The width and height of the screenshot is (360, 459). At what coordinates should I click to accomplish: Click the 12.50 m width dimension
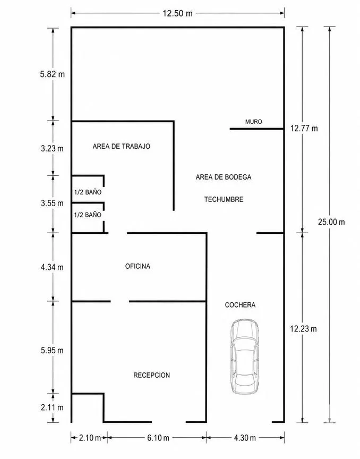(178, 13)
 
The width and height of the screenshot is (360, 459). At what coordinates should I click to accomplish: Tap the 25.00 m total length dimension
(331, 222)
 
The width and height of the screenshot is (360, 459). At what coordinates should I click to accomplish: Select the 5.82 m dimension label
(53, 74)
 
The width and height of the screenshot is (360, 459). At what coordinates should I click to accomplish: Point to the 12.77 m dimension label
(304, 128)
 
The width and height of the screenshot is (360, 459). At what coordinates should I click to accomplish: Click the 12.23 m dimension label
(303, 329)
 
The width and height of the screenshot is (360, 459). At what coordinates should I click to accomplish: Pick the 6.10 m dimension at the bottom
(158, 438)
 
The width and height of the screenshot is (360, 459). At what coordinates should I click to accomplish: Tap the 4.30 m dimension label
(245, 438)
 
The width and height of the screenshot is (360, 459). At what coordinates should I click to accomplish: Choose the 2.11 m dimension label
(52, 407)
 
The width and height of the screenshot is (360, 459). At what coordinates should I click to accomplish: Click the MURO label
(253, 122)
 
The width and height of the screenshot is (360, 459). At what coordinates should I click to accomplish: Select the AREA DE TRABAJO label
(122, 146)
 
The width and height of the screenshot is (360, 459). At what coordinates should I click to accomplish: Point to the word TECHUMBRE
(224, 199)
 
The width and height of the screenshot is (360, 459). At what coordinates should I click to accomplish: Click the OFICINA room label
(138, 266)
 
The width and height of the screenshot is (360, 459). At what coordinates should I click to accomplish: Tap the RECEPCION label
(152, 375)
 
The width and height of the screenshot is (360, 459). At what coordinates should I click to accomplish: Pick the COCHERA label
(240, 305)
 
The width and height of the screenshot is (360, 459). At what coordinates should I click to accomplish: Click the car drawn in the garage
(245, 356)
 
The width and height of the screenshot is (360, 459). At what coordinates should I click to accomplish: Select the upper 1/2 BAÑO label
(88, 192)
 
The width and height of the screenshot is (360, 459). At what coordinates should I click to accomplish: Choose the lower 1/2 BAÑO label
(88, 215)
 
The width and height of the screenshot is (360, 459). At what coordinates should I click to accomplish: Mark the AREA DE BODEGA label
(224, 177)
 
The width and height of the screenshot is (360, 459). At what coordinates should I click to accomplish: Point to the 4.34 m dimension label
(52, 267)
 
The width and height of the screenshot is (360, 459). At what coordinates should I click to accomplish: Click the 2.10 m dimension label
(90, 438)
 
